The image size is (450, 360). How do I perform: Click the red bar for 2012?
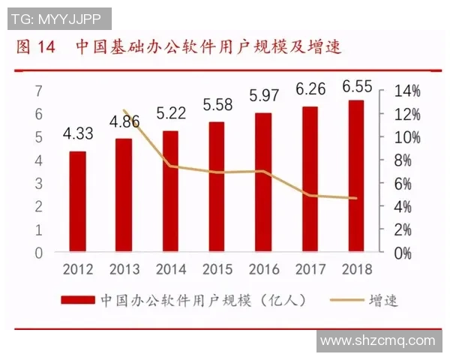click(x=77, y=202)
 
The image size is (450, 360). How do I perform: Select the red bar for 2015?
click(x=217, y=187)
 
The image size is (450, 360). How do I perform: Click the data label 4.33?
click(x=78, y=135)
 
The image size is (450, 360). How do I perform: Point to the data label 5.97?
click(x=264, y=95)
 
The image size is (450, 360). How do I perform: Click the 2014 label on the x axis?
click(x=171, y=268)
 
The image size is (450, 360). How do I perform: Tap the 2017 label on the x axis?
click(x=310, y=268)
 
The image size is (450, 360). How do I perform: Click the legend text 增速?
click(x=382, y=300)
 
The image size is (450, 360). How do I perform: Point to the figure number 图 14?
click(x=36, y=48)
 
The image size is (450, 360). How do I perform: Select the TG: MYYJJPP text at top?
click(x=56, y=16)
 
